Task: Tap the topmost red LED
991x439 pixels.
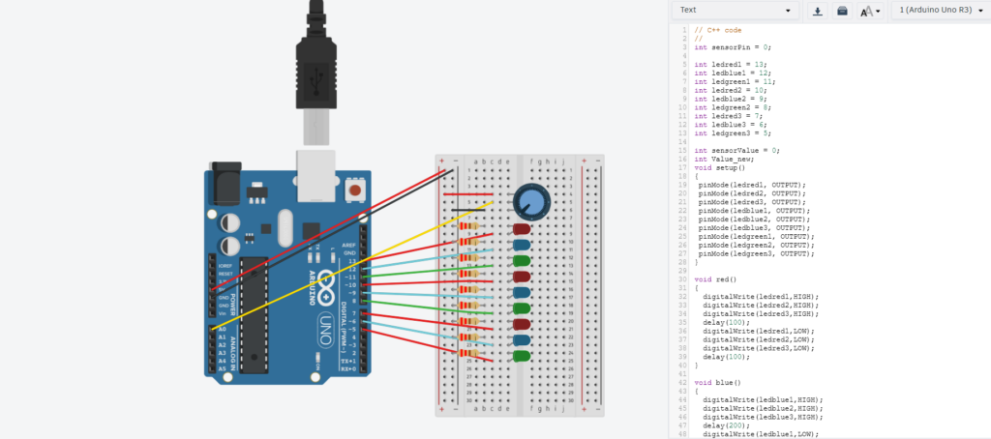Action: click(522, 230)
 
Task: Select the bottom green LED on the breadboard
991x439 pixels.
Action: click(522, 356)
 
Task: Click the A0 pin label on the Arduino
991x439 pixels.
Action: click(222, 330)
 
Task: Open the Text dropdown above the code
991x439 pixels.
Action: click(736, 11)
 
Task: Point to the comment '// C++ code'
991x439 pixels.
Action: click(718, 29)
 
